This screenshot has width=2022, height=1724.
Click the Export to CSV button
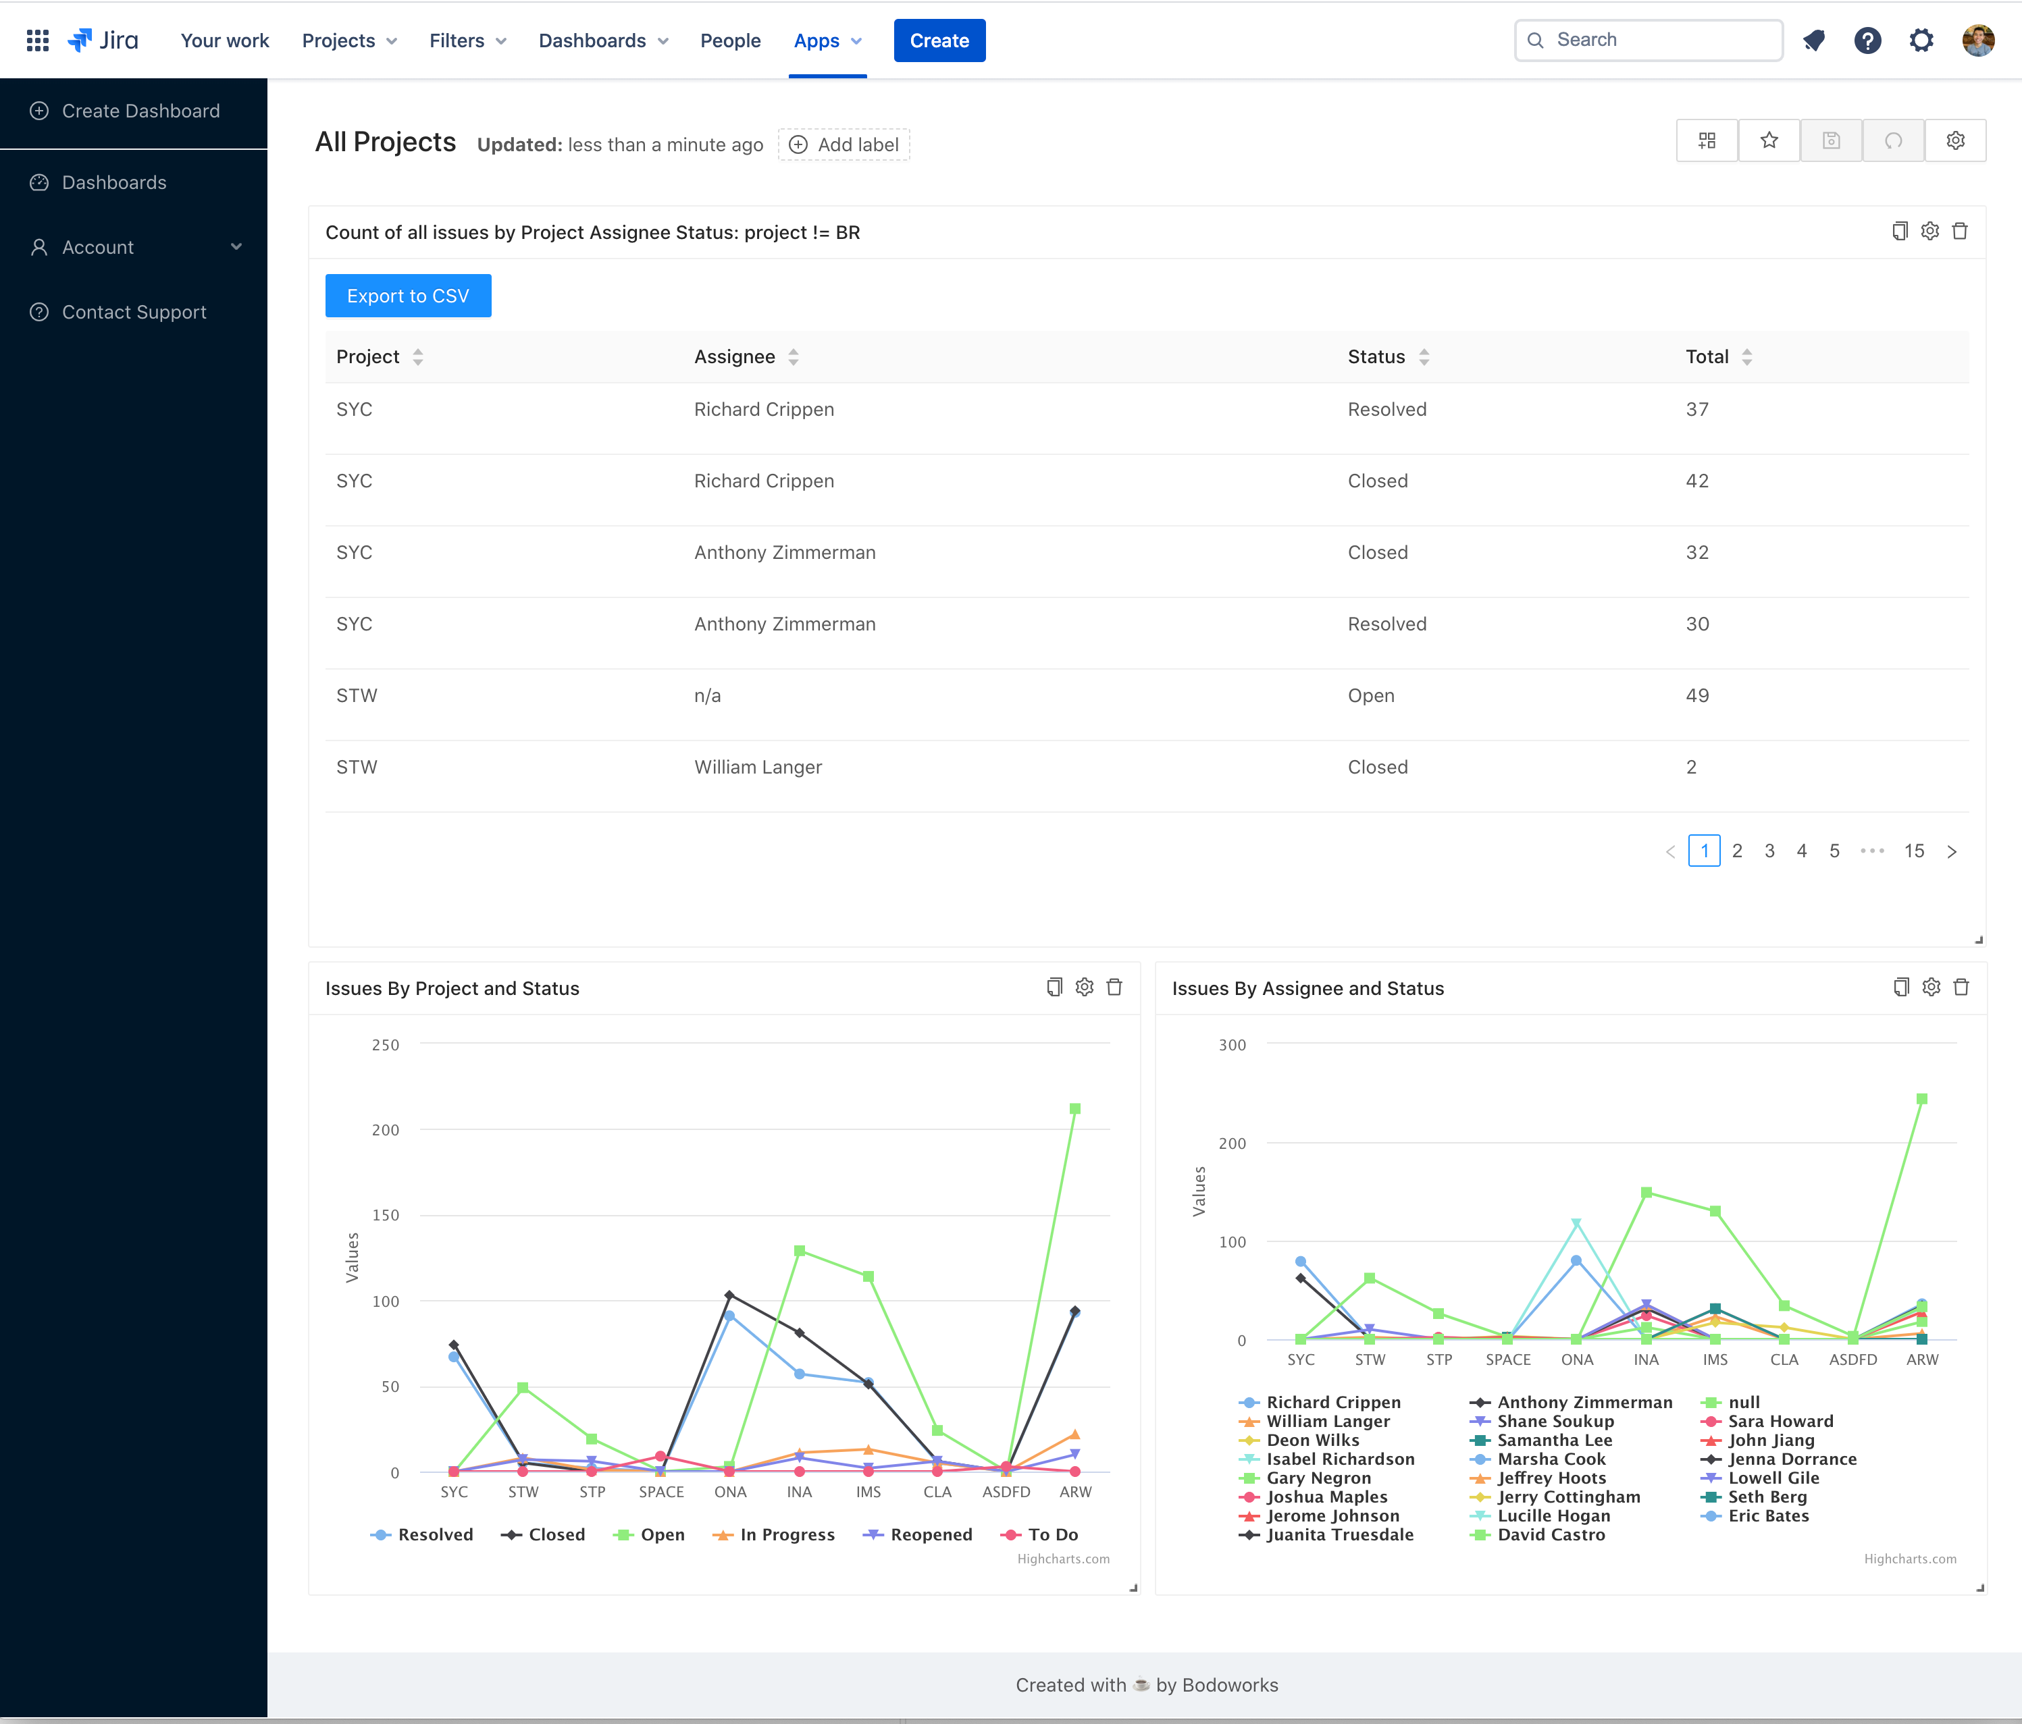coord(408,296)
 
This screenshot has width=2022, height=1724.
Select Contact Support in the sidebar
coord(134,313)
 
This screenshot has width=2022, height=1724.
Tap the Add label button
coord(844,144)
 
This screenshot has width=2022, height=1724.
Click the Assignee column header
coord(735,357)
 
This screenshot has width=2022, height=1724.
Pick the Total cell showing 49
coord(1697,696)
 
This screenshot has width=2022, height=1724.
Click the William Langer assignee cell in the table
coord(758,767)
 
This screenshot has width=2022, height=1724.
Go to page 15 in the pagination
coord(1914,851)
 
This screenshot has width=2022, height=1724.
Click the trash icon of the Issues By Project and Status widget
coord(1114,988)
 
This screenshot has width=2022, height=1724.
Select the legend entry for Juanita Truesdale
coord(1339,1535)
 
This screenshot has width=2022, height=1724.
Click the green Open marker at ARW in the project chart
coord(1074,1109)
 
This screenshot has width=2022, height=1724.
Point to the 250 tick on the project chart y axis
coord(386,1045)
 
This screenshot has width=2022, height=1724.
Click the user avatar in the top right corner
coord(1978,40)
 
